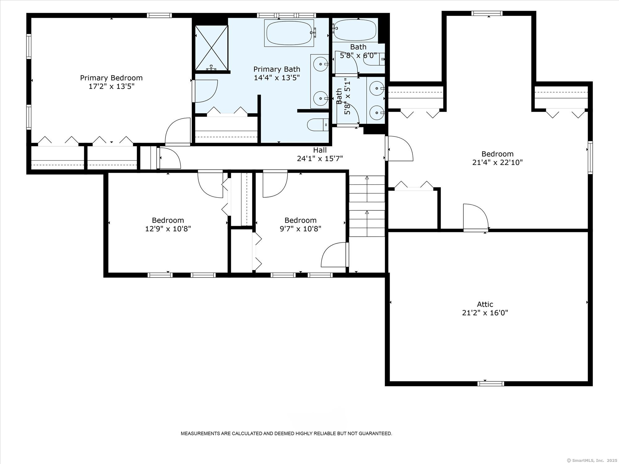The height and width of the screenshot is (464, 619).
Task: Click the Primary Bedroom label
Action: [111, 78]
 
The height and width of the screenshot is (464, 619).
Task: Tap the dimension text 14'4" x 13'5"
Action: [277, 78]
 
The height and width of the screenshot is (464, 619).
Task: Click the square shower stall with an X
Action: [211, 48]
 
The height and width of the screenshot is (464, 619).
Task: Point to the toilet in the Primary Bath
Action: [317, 125]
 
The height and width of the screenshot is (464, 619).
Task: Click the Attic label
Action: [485, 304]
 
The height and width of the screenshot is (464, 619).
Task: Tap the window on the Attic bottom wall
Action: [491, 384]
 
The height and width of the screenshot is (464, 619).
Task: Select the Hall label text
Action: [320, 150]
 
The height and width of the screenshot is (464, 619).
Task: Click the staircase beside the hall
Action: [367, 206]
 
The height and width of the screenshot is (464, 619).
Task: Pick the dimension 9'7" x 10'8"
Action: [300, 229]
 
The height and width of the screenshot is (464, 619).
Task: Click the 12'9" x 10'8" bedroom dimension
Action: [168, 229]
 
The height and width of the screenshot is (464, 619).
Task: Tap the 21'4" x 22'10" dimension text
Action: [497, 162]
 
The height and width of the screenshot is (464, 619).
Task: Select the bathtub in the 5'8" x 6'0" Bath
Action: [355, 30]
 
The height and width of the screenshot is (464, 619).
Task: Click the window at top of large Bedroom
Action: [487, 13]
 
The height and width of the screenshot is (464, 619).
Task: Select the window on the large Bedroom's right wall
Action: [590, 157]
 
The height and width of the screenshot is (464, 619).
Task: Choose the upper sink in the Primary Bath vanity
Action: [319, 64]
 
